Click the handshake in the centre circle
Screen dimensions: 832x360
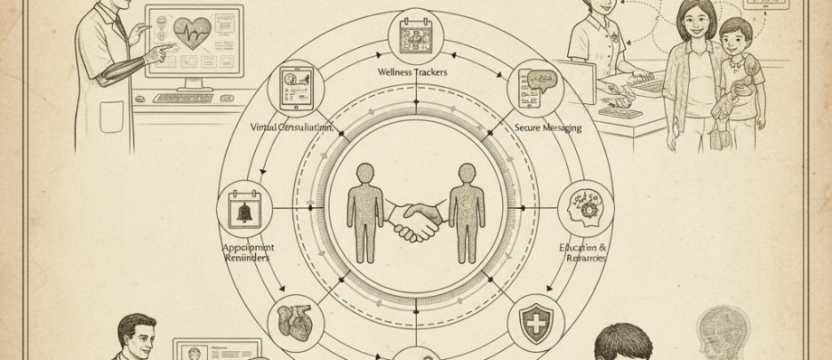416,218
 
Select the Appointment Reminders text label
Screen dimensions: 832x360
248,252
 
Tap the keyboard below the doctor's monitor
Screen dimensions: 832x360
183,97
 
